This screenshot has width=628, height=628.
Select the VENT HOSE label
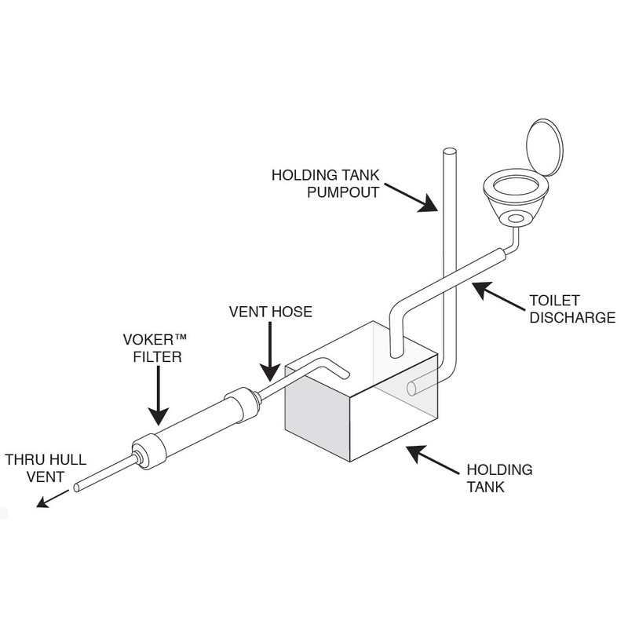click(270, 312)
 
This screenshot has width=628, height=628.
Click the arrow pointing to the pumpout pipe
click(413, 199)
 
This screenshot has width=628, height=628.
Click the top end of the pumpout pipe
click(449, 153)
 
